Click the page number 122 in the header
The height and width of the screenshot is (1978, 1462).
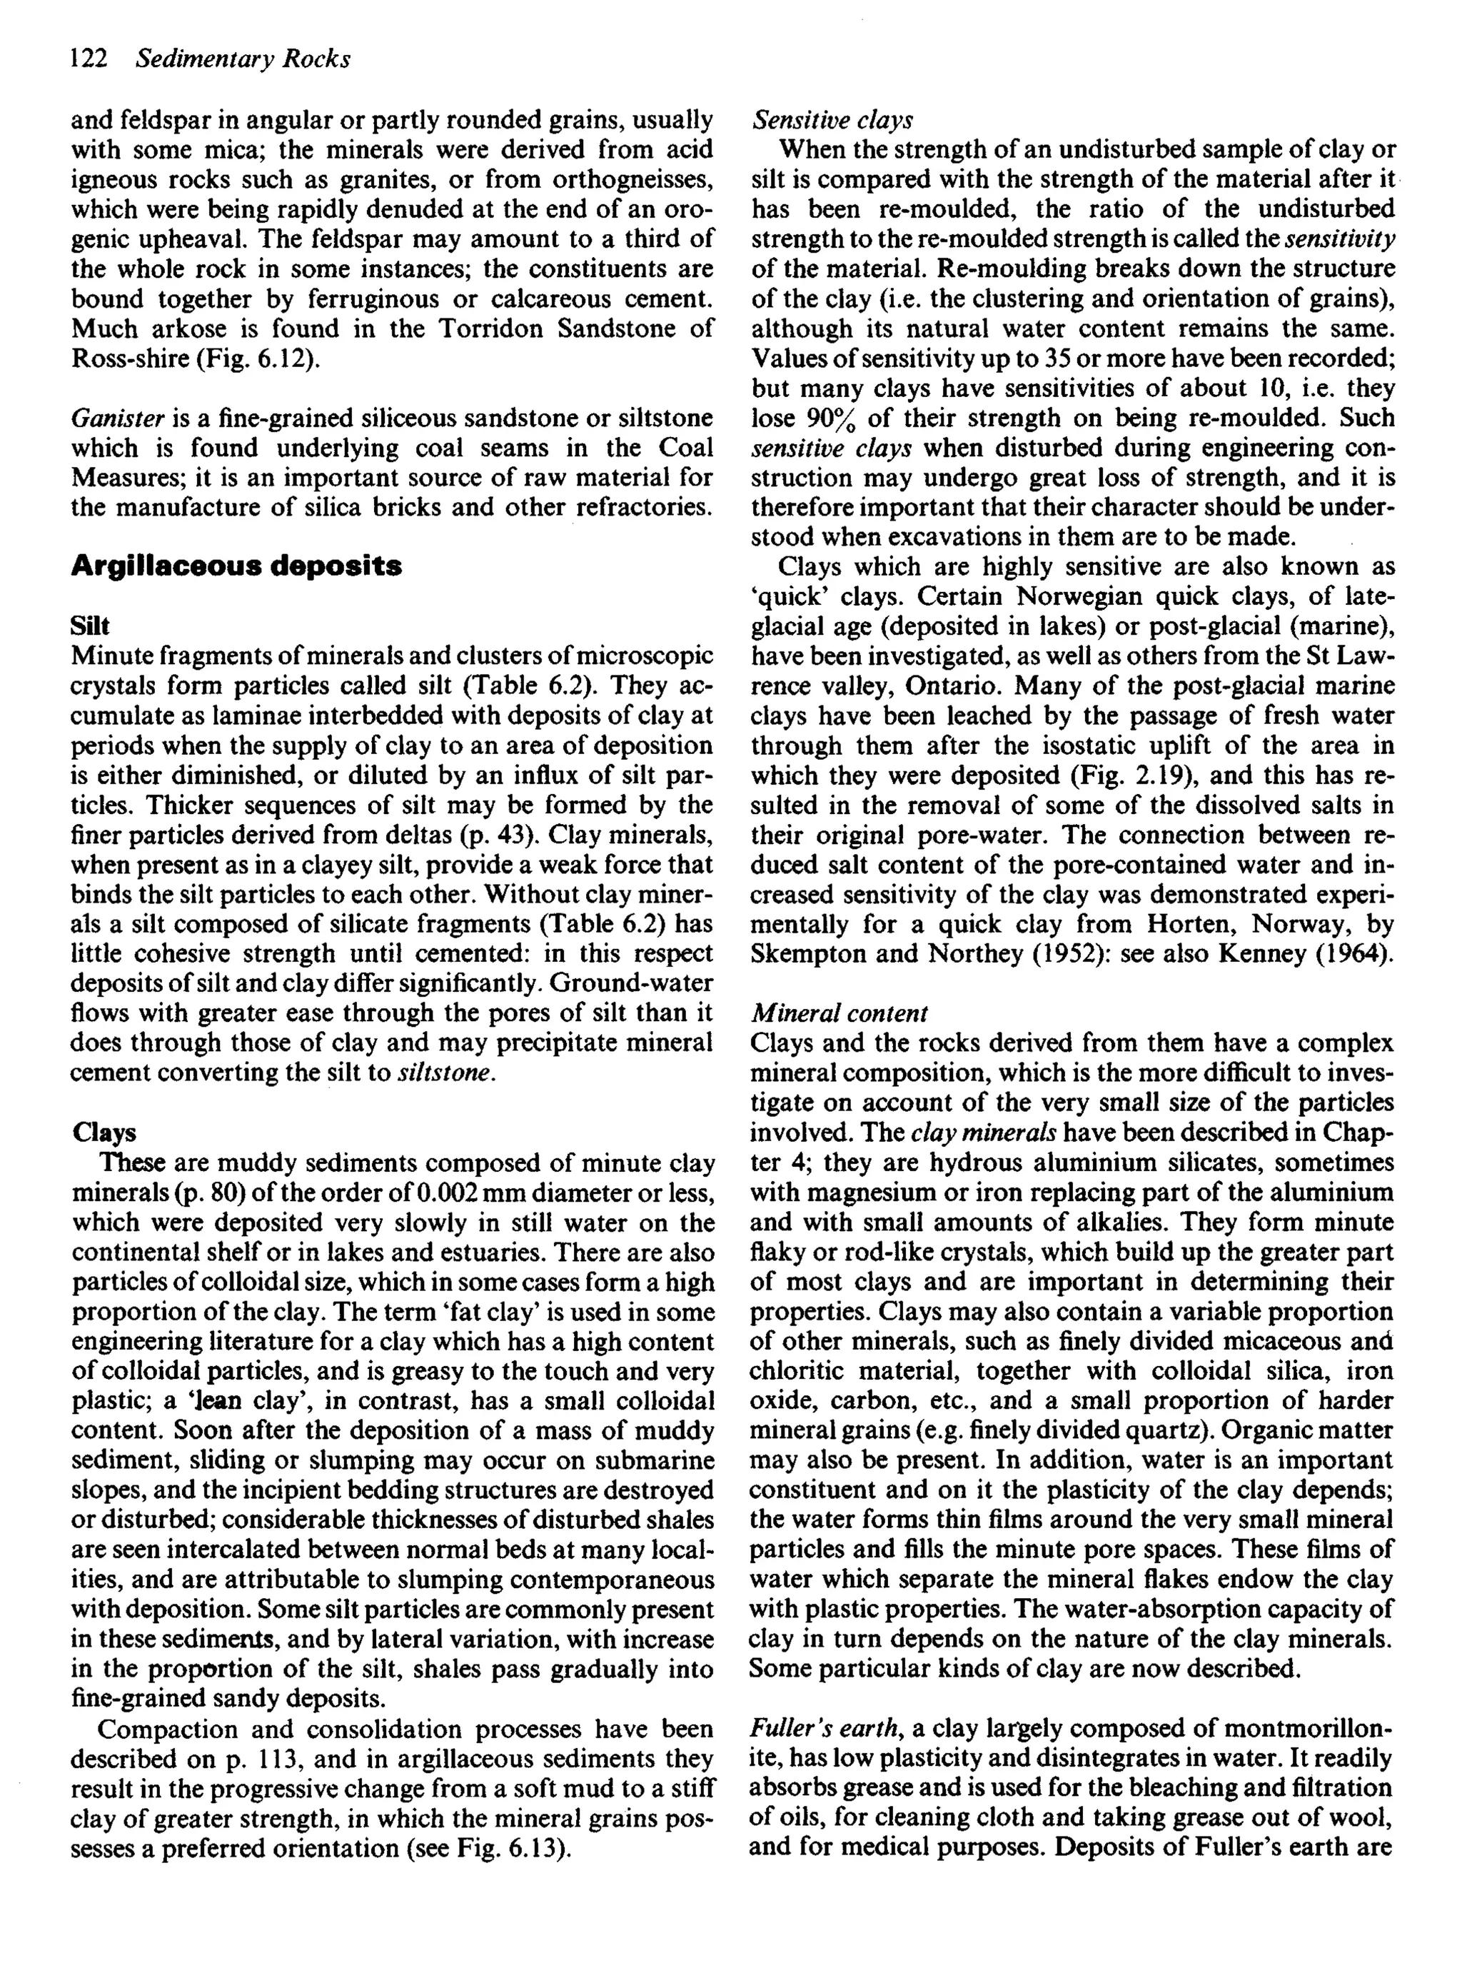89,59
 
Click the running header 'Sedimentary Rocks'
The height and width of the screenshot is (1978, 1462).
243,59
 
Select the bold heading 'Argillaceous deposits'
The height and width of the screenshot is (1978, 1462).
236,566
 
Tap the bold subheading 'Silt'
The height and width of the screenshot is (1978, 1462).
89,626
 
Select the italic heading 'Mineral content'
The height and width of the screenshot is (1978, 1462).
838,1013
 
